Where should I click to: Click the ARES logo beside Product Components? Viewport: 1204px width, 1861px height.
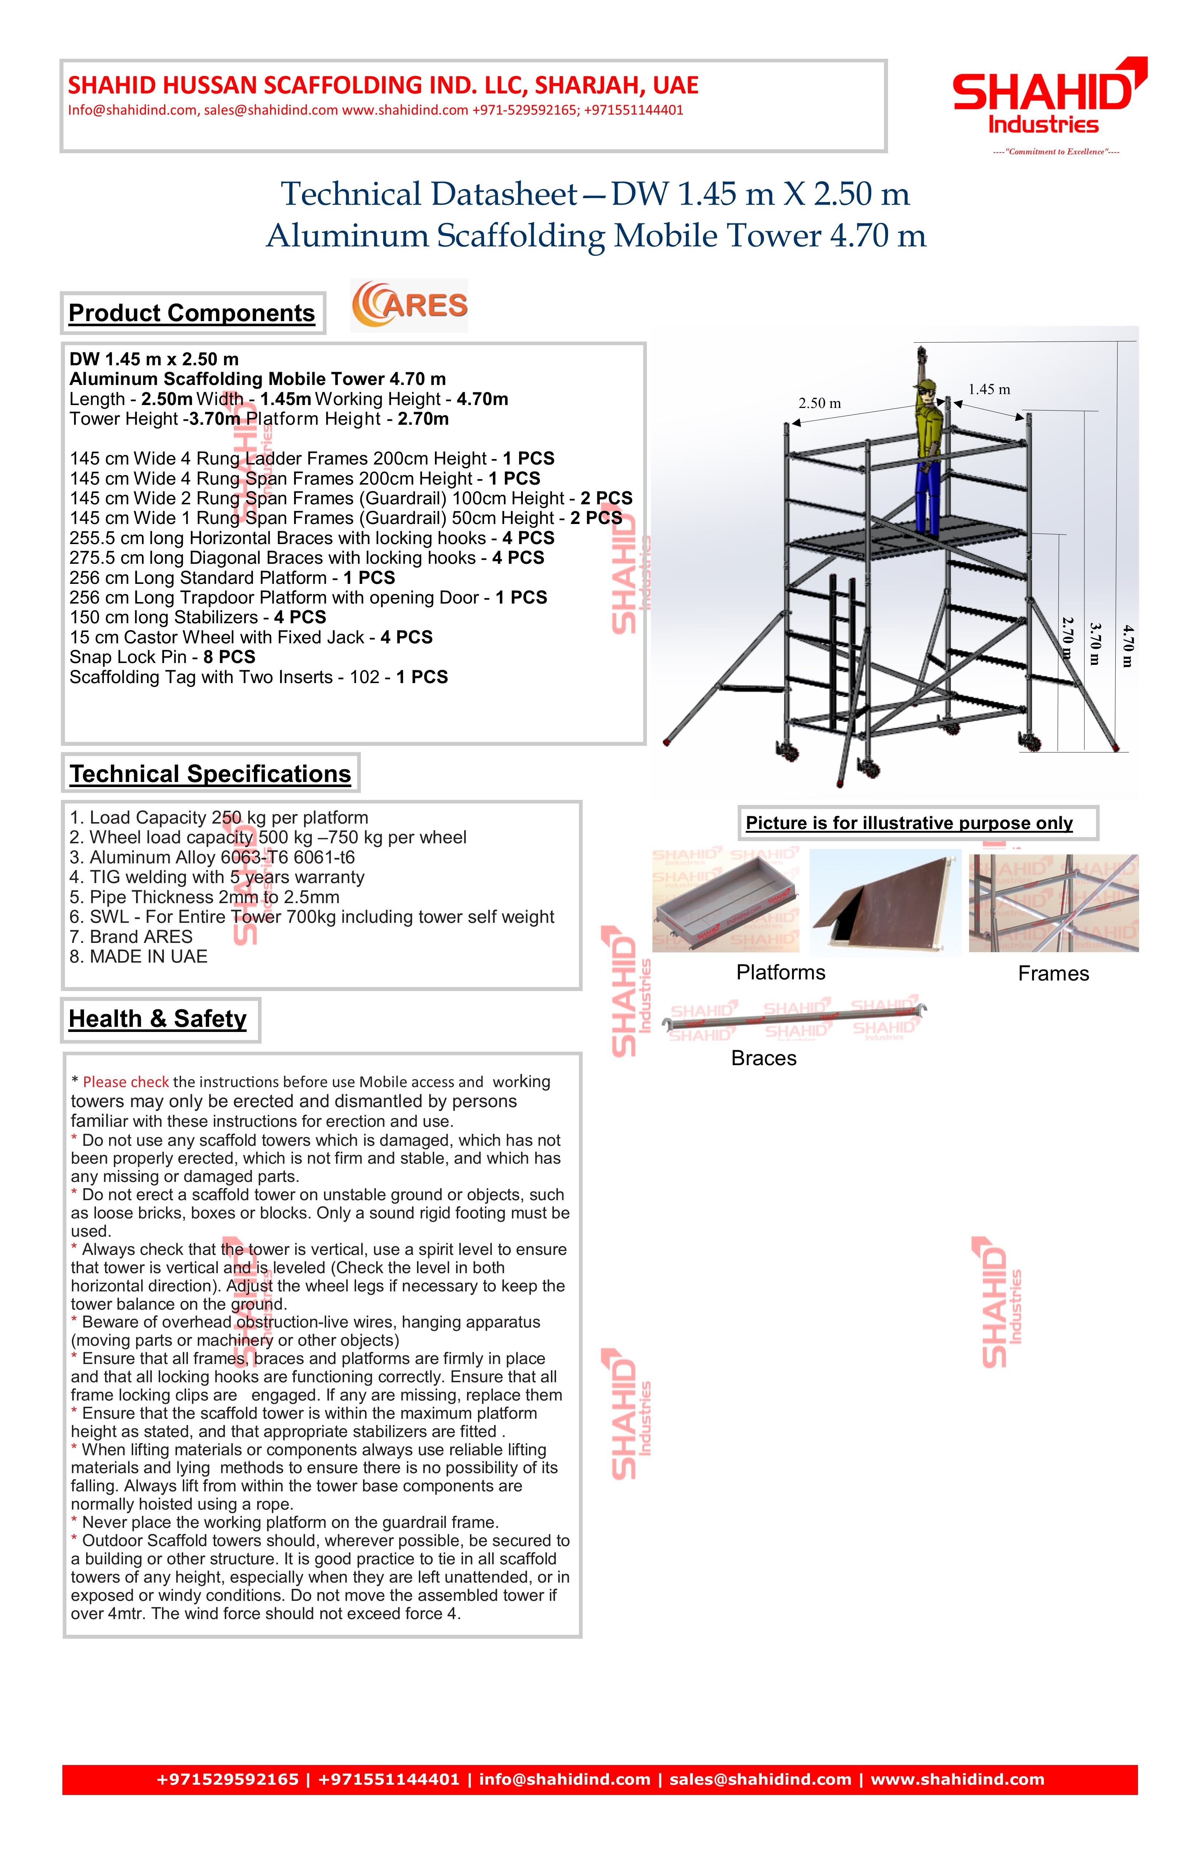point(410,305)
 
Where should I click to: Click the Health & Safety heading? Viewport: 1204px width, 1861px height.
point(158,1019)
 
